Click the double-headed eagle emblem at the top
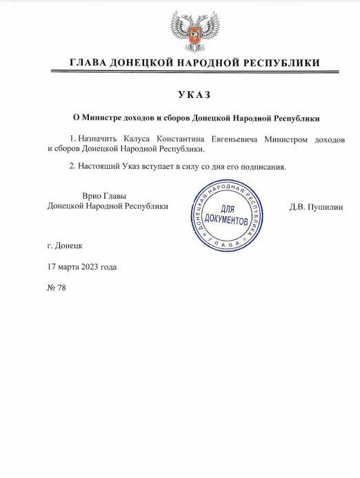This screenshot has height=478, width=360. [x=194, y=30]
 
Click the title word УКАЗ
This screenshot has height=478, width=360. [x=194, y=94]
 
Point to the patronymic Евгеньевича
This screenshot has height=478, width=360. [x=246, y=139]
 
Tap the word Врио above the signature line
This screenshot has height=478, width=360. [x=92, y=196]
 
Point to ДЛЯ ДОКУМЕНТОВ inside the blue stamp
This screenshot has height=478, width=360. [x=227, y=217]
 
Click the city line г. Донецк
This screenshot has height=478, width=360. [x=64, y=246]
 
